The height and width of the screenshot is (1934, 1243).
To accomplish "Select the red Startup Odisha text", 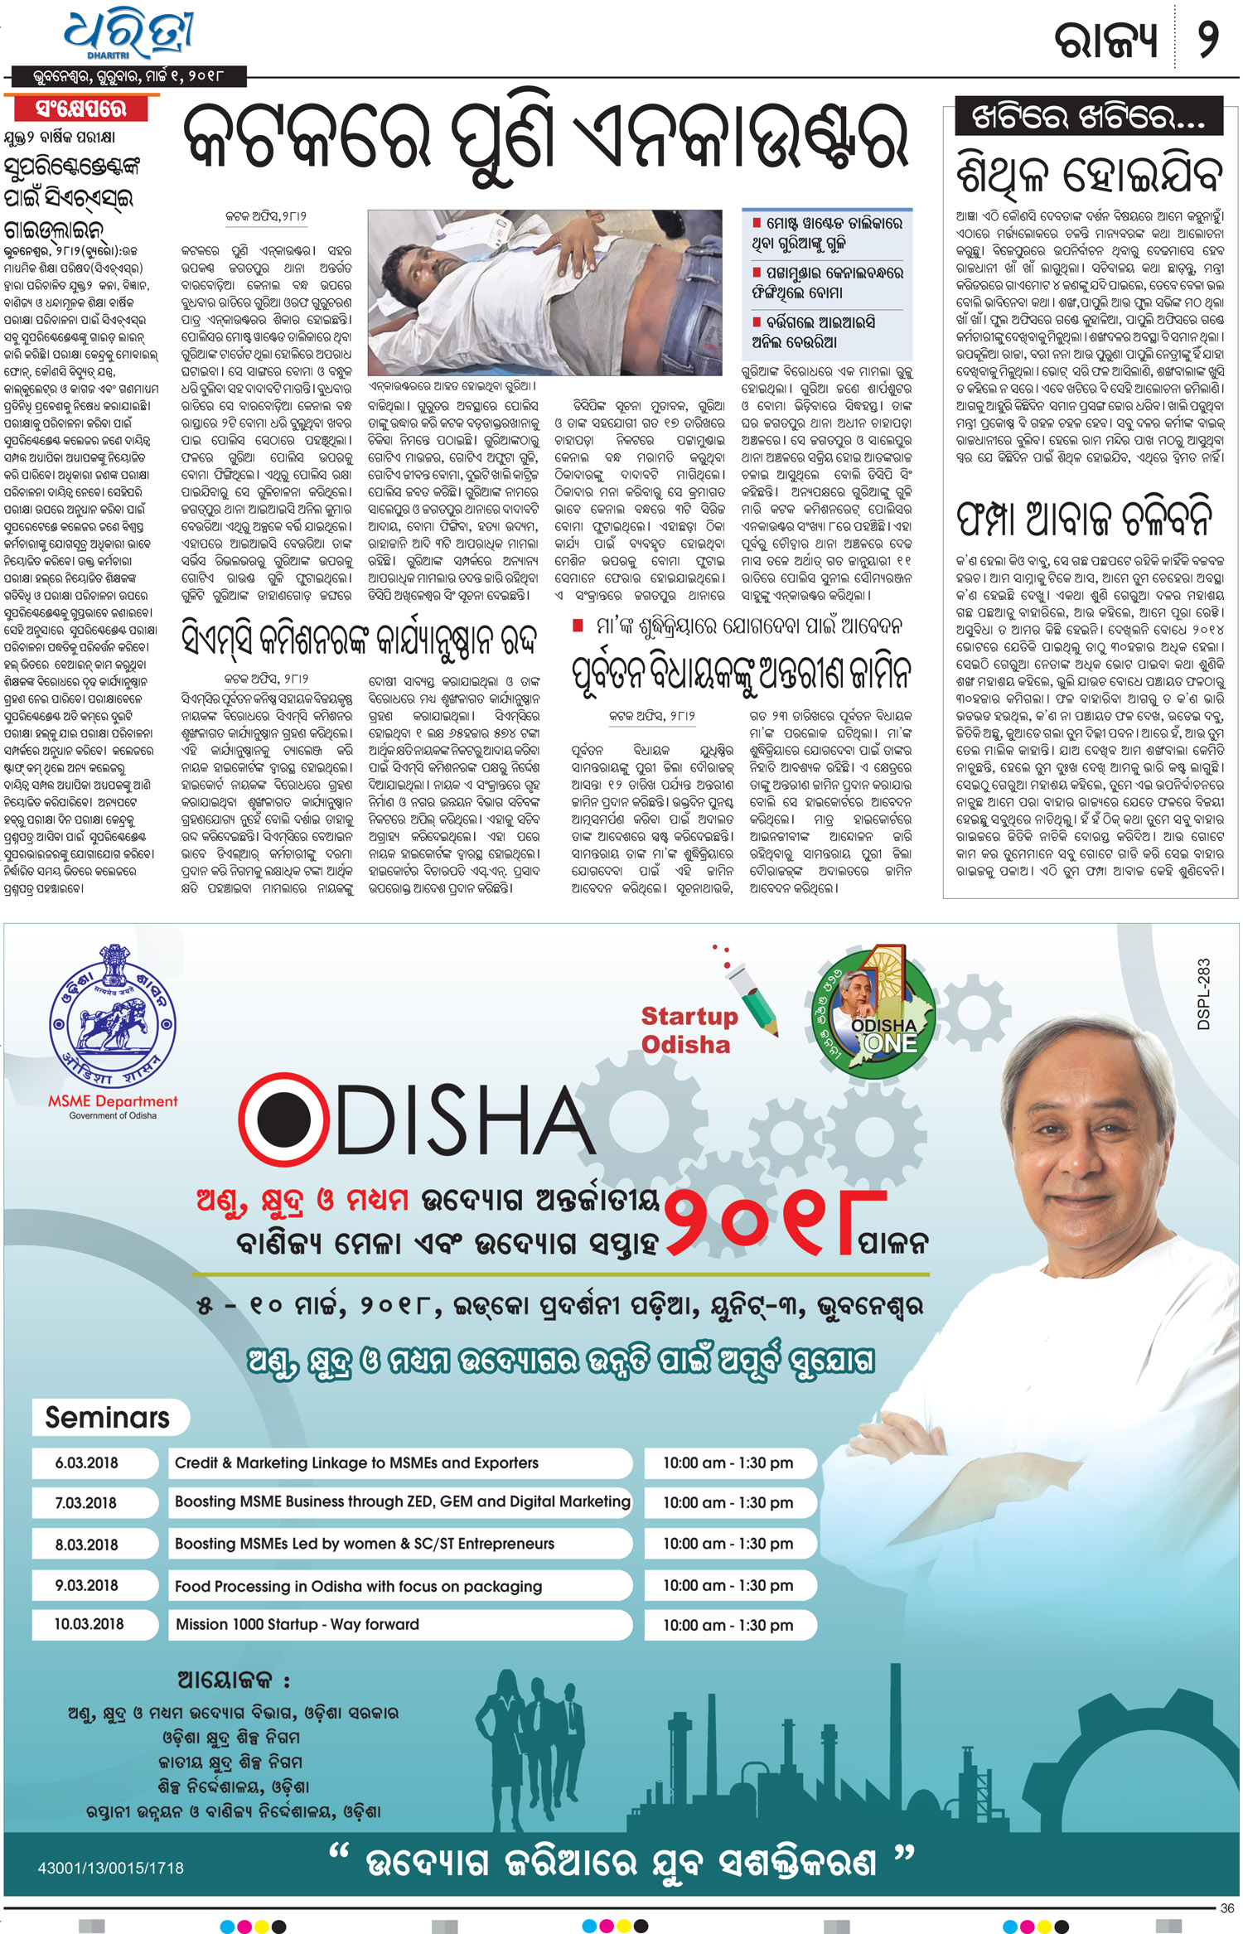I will coord(688,1029).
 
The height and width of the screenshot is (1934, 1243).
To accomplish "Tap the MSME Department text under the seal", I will coord(113,1101).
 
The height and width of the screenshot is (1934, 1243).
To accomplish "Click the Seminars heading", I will coord(107,1418).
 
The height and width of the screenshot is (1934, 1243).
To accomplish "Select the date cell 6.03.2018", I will coord(87,1463).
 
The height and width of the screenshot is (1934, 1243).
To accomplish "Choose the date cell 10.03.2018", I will coord(89,1624).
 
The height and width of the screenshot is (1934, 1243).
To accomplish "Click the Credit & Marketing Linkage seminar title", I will coord(356,1463).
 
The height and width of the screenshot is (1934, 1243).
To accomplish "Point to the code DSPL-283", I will coord(1203,994).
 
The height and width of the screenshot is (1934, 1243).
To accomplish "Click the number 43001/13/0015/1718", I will coord(110,1868).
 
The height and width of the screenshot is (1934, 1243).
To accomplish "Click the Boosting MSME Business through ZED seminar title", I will coord(402,1501).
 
